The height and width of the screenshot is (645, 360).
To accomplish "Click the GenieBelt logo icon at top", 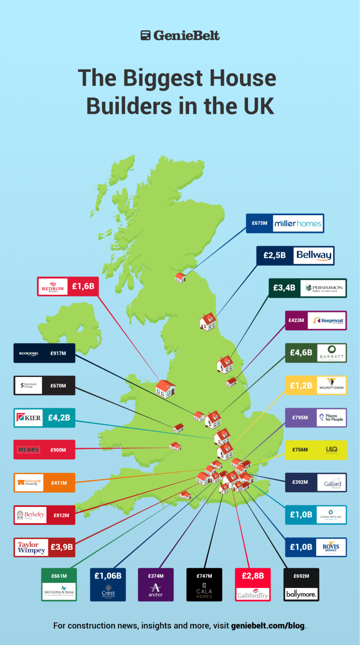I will pyautogui.click(x=146, y=35).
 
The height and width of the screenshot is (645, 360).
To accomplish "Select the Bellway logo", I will pyautogui.click(x=314, y=255).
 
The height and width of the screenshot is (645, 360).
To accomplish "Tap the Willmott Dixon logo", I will pyautogui.click(x=330, y=385).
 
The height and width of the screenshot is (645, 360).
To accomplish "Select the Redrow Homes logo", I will pyautogui.click(x=53, y=286).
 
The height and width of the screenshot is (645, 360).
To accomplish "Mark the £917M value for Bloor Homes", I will pyautogui.click(x=58, y=354).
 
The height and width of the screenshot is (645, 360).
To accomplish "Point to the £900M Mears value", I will pyautogui.click(x=58, y=449).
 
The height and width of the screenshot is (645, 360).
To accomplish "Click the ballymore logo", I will pyautogui.click(x=301, y=595).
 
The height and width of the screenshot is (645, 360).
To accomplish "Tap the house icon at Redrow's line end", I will pyautogui.click(x=165, y=388).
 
